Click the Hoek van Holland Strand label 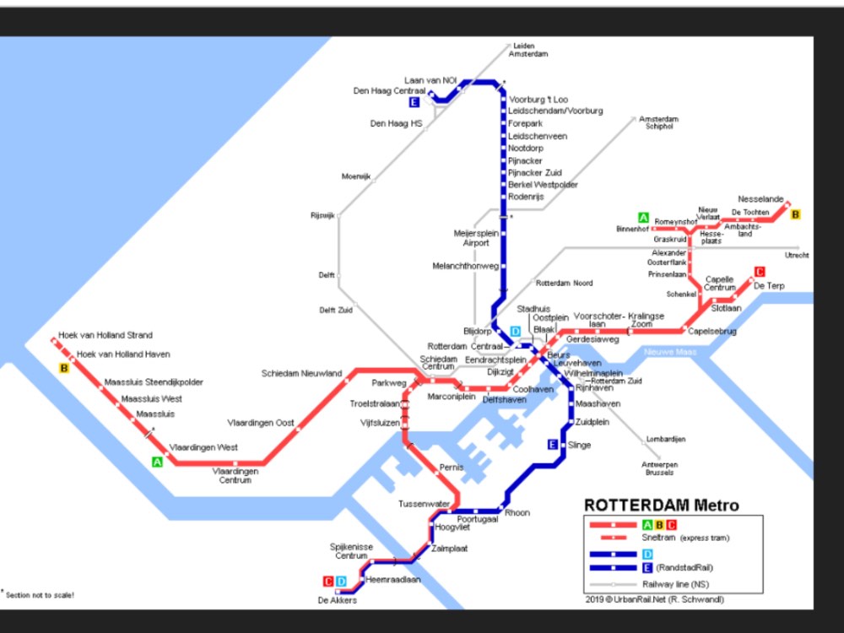(105, 335)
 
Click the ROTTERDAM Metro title (661, 506)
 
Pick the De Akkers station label (337, 601)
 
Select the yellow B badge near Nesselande (795, 214)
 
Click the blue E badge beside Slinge (553, 445)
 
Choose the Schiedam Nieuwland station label (301, 373)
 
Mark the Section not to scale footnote (38, 595)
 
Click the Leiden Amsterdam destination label (528, 50)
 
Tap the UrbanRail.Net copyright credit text (655, 600)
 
